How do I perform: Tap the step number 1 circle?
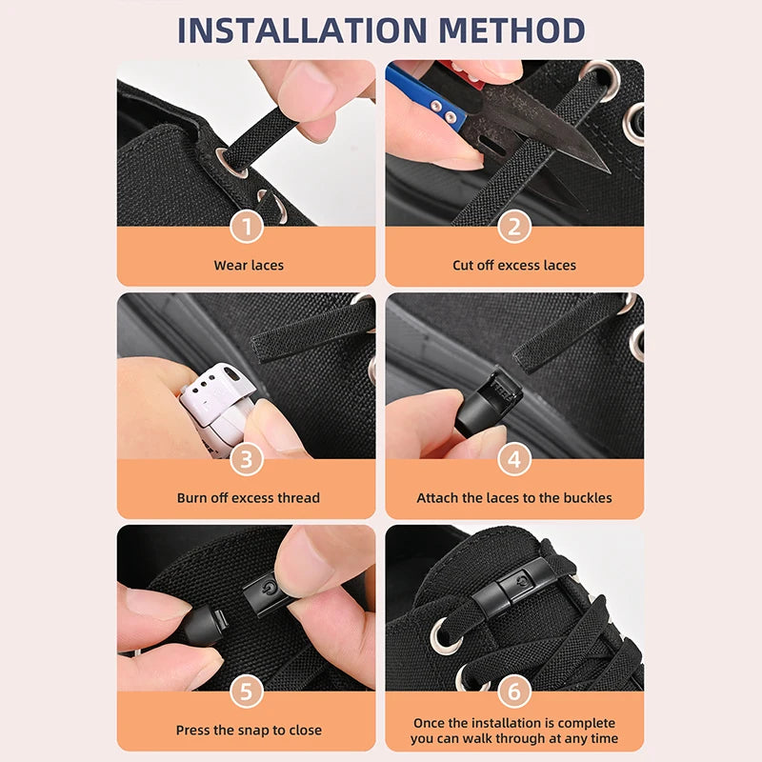coord(247,227)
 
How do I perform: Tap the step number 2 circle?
coord(514,227)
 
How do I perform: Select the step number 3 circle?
coord(247,459)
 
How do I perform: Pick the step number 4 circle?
coord(514,459)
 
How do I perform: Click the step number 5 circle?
coord(247,692)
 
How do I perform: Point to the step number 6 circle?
coord(514,692)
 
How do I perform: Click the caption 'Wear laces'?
coord(248,265)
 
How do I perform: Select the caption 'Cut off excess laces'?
coord(514,265)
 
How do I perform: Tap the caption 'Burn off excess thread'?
coord(248,497)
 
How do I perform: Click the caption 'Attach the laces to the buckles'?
coord(514,497)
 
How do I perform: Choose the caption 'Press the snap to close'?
coord(248,730)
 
